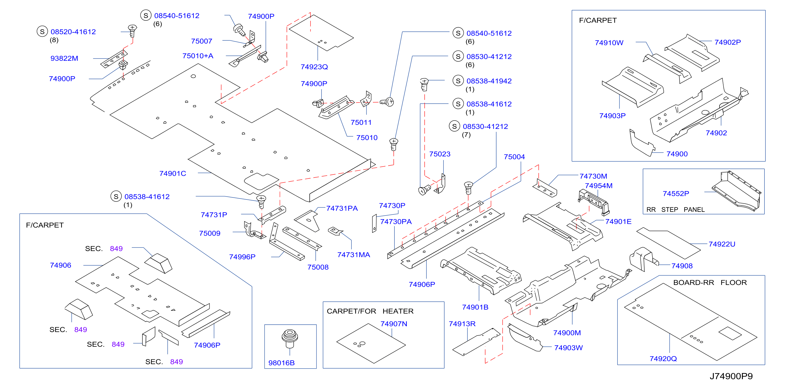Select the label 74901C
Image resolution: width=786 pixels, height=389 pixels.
tap(172, 174)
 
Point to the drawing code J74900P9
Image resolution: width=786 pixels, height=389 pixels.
tap(731, 376)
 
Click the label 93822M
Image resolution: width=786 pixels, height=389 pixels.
tap(64, 58)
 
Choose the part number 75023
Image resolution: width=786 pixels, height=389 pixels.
tap(439, 154)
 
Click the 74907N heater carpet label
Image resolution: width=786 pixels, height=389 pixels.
tap(394, 324)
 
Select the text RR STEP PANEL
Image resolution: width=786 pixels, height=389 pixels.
tap(675, 210)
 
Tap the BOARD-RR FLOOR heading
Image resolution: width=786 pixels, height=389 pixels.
tap(710, 283)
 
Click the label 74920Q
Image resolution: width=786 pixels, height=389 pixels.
tap(663, 359)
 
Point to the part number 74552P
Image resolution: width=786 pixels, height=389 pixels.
tap(676, 194)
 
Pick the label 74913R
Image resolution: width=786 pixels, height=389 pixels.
tap(462, 324)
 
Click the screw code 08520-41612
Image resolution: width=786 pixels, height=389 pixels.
tap(73, 32)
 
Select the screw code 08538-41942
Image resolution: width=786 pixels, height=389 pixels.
tap(489, 81)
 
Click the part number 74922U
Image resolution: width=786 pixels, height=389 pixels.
tap(722, 244)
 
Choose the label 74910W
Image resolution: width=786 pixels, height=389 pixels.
tap(609, 43)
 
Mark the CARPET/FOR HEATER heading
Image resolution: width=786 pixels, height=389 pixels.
tap(370, 311)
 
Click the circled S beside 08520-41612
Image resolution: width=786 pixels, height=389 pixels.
tap(42, 31)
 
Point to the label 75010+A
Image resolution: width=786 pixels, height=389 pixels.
tap(198, 56)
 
